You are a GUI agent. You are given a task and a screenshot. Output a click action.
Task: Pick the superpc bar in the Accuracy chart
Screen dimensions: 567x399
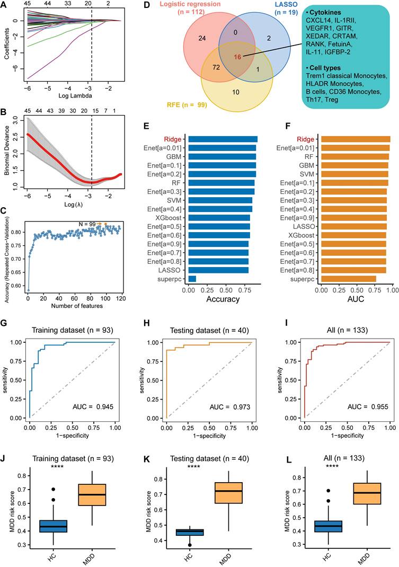coord(192,279)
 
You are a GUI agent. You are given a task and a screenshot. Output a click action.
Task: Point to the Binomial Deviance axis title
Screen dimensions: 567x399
coord(7,151)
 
